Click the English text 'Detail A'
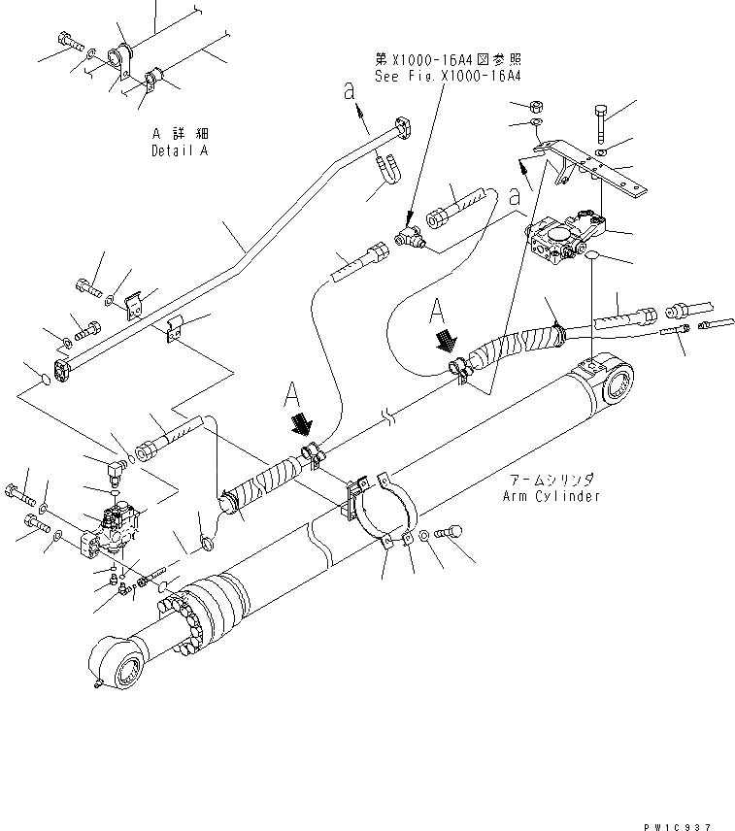pyautogui.click(x=180, y=151)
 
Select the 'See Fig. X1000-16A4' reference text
pyautogui.click(x=448, y=75)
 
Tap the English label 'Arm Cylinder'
pyautogui.click(x=551, y=496)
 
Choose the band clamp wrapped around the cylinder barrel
pyautogui.click(x=384, y=515)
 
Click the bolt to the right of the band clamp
pyautogui.click(x=451, y=532)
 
